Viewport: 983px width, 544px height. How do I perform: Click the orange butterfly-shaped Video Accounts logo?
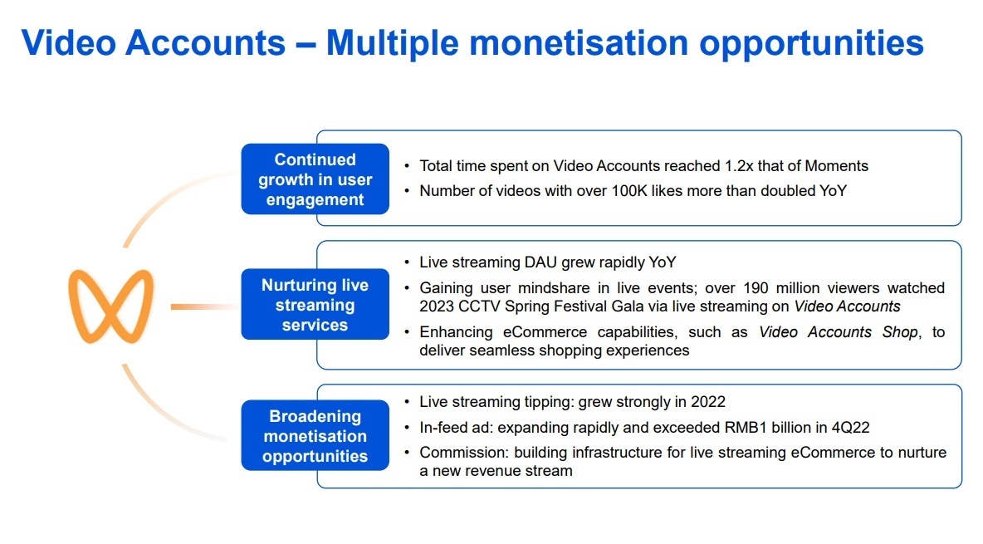point(111,306)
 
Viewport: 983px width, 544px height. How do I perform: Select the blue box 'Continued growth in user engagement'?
point(315,179)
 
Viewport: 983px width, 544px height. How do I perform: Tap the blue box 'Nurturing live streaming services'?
point(315,305)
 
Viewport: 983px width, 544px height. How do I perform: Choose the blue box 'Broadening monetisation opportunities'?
point(315,436)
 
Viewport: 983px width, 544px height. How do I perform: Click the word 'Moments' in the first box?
point(836,165)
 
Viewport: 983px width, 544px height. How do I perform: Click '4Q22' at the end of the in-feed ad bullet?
point(851,427)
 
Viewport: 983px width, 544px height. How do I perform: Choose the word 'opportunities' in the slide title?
point(811,44)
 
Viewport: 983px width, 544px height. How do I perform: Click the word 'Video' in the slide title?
point(69,42)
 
